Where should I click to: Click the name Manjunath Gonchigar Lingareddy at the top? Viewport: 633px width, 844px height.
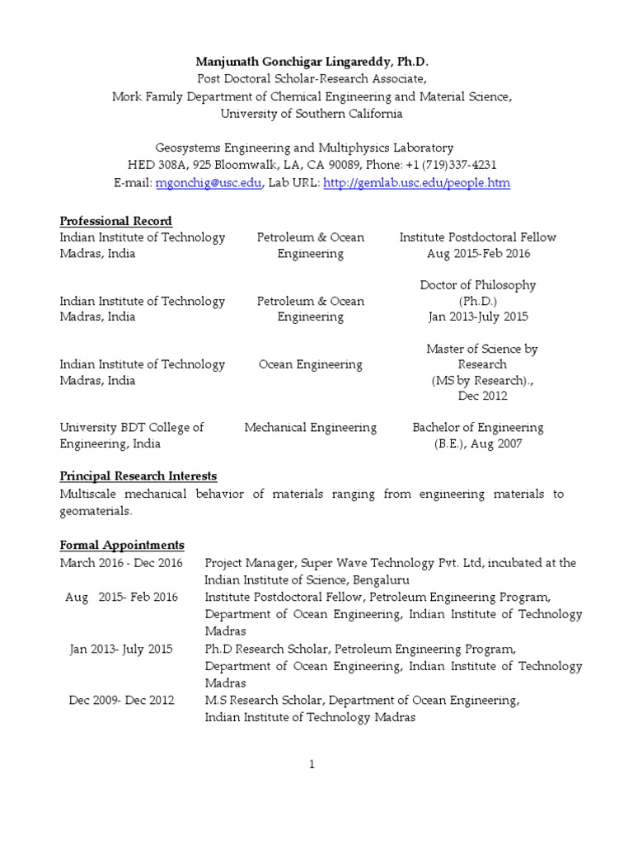(300, 63)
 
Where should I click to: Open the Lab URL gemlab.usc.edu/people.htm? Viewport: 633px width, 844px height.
(417, 183)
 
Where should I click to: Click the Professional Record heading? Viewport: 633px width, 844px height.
(116, 221)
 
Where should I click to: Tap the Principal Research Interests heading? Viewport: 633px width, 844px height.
(138, 476)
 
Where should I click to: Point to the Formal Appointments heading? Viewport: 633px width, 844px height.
(122, 546)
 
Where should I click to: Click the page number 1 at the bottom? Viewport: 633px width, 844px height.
(312, 764)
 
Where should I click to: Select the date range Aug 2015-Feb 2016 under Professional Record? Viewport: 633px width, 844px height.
(477, 254)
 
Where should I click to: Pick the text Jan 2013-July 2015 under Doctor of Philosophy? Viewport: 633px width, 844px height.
(478, 316)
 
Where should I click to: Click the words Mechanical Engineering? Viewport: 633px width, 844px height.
(311, 428)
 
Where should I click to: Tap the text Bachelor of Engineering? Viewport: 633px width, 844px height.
(478, 428)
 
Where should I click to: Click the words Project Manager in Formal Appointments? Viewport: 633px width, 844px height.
(251, 563)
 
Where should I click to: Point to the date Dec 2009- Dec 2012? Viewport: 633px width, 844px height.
(121, 701)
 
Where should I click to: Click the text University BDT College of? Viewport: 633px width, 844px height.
(132, 428)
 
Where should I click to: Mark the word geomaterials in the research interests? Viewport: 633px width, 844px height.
(96, 511)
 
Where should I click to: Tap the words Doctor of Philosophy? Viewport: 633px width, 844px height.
(478, 285)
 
